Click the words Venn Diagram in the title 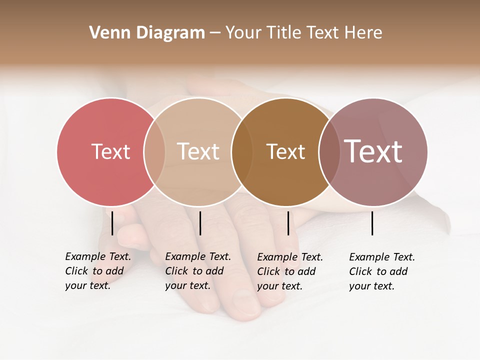coord(147,32)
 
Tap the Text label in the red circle coord(110,151)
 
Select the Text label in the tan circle coord(198,151)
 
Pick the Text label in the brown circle coord(285,151)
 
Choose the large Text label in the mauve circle coord(373,151)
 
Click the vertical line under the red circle coord(112,223)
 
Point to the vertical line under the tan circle coord(200,223)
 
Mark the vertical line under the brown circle coord(288,223)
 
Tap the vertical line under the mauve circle coord(372,223)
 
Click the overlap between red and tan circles coord(154,151)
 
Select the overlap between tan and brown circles coord(242,151)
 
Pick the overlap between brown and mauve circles coord(329,151)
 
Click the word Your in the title coord(243,32)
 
